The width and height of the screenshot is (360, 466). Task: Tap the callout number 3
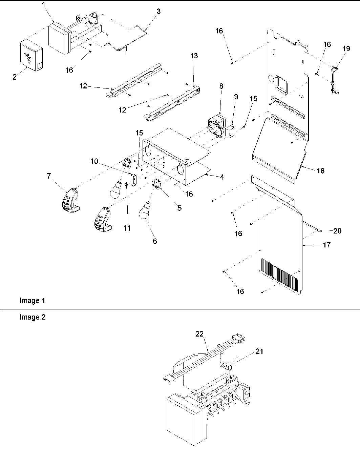(x=158, y=11)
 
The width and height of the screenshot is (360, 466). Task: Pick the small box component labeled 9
(x=230, y=132)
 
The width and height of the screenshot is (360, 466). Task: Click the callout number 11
(x=127, y=228)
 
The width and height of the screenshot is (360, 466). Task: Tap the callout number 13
(x=194, y=56)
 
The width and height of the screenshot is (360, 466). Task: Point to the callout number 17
(x=327, y=245)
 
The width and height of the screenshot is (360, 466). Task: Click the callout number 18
(x=320, y=171)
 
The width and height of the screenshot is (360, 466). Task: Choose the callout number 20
(x=337, y=231)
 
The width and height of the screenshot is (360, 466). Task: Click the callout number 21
(x=259, y=351)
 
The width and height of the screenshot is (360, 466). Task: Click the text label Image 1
(x=32, y=301)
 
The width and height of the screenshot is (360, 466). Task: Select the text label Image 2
(x=32, y=318)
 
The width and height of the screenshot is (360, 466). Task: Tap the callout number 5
(x=179, y=208)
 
